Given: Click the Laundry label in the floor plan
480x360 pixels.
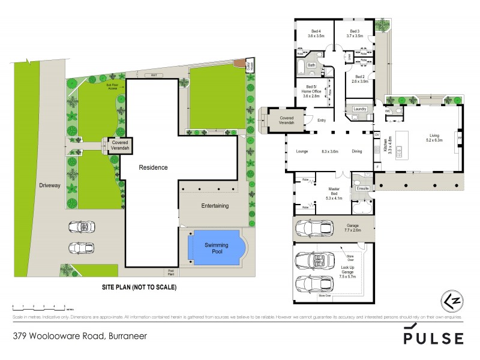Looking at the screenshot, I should point(360,109).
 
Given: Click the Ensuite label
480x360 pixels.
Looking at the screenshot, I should point(362,188).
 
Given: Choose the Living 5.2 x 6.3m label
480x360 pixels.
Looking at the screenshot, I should point(434,138).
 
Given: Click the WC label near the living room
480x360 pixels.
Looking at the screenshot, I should point(388,111).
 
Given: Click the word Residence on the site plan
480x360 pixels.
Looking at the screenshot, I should point(154,167).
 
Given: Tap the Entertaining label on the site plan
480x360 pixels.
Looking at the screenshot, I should point(215,206).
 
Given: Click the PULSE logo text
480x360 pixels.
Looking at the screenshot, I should point(433,337).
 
